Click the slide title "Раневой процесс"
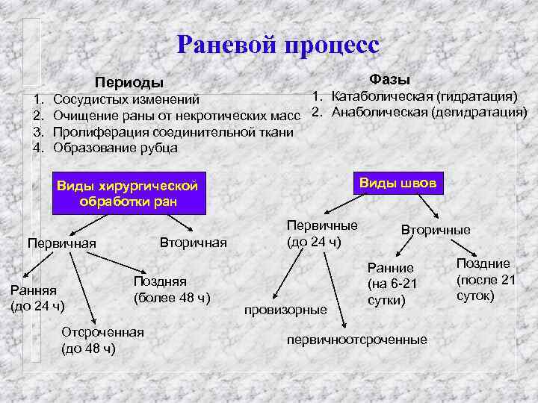tap(278, 44)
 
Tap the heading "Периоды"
tap(128, 81)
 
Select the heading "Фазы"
tap(389, 79)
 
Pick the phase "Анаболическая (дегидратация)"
tap(429, 113)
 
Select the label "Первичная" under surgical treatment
tap(61, 243)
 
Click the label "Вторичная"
tap(193, 243)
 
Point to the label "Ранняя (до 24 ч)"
tap(37, 299)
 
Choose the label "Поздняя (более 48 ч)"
tap(171, 290)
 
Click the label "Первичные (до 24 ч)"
tap(322, 233)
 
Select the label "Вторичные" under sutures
tap(436, 230)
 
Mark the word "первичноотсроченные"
tap(356, 340)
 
